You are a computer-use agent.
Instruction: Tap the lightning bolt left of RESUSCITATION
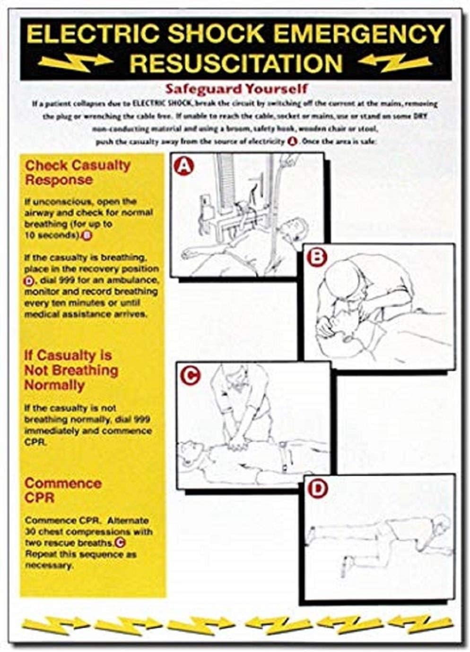click(x=76, y=62)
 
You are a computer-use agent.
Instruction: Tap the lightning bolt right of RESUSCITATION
click(x=395, y=62)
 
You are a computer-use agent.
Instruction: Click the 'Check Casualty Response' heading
click(x=78, y=172)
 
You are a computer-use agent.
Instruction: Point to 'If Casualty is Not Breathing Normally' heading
click(x=71, y=370)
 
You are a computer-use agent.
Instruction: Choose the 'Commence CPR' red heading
click(x=63, y=490)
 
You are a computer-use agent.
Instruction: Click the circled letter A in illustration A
click(x=183, y=167)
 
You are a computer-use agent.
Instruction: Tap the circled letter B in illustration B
click(x=316, y=257)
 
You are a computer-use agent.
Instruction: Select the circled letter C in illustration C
click(x=191, y=375)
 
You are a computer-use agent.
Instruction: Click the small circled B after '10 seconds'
click(x=87, y=236)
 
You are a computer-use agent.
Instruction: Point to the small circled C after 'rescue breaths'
click(x=120, y=543)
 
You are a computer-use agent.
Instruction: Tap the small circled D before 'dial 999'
click(x=29, y=281)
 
